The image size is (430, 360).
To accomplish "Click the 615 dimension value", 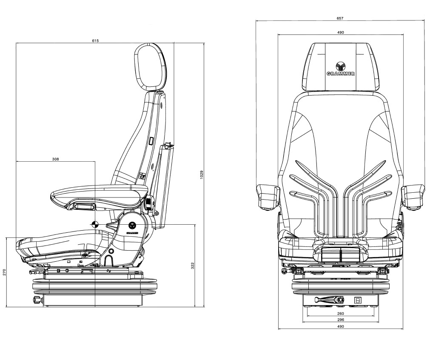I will [x=95, y=41].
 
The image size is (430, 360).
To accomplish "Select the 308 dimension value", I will [x=55, y=159].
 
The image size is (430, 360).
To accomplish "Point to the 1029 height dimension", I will [x=202, y=175].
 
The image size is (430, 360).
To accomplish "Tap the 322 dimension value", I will [x=192, y=266].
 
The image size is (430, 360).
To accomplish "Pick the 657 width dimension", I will [x=340, y=18].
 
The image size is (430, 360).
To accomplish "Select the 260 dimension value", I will [x=340, y=314].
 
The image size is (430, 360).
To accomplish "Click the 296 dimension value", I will [x=340, y=320].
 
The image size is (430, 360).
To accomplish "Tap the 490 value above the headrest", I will [x=340, y=32].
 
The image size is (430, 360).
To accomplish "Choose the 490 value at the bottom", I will [x=340, y=326].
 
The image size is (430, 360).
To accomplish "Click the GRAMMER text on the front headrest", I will [x=341, y=74].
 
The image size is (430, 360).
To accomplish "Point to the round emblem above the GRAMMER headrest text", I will [x=341, y=66].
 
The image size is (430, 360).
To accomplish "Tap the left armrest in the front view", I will [x=268, y=197].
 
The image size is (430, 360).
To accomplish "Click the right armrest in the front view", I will [x=413, y=196].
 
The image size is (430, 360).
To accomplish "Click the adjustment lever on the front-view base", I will [x=325, y=300].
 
